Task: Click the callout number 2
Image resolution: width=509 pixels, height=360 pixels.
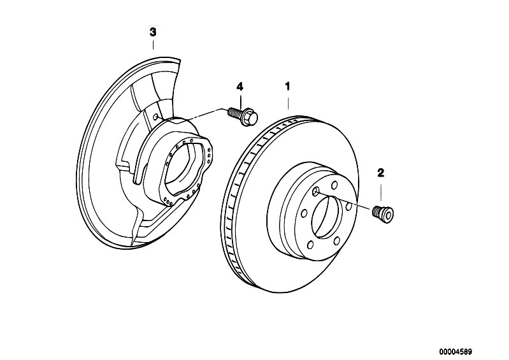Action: [x=381, y=173]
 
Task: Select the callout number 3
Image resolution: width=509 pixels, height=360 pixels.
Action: [x=152, y=32]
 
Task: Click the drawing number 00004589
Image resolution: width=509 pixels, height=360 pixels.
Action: [x=455, y=352]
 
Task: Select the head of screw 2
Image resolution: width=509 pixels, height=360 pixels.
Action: [x=386, y=215]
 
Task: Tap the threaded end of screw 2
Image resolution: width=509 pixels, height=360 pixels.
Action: [x=376, y=211]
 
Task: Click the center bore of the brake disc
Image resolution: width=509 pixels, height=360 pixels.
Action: [x=327, y=217]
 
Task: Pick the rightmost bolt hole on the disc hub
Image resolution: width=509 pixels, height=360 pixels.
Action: [x=349, y=206]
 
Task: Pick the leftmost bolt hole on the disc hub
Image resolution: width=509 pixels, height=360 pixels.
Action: [x=304, y=213]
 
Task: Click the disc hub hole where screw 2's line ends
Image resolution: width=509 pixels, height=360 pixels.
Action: [x=315, y=192]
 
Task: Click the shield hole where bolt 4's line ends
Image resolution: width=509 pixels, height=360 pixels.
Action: [x=156, y=117]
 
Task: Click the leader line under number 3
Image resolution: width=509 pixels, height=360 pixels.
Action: [x=153, y=45]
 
